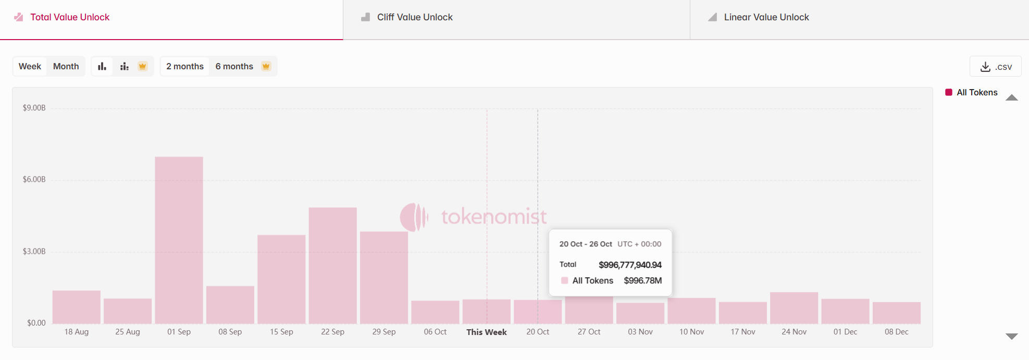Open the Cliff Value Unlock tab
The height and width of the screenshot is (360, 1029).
tap(414, 17)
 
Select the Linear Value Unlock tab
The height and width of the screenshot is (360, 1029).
tap(766, 17)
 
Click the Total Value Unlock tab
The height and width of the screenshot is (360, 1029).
tap(70, 17)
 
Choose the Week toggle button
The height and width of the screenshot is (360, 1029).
tap(30, 67)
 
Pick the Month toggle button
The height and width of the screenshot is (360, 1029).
tap(66, 67)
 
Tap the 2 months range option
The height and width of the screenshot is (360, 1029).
tap(185, 67)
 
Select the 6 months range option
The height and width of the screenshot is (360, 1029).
tap(234, 67)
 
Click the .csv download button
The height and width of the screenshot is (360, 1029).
tap(995, 67)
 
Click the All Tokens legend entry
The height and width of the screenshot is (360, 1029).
tap(976, 93)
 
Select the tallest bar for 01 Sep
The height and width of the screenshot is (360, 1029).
tap(179, 240)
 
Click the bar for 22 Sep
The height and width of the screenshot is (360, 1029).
tap(332, 266)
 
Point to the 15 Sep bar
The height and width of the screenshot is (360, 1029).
tap(281, 279)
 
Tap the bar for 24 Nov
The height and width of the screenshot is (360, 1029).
tap(794, 308)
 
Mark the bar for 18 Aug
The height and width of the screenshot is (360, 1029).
tap(77, 307)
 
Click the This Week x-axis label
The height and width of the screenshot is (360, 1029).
tap(486, 332)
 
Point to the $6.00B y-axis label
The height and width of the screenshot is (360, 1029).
tap(34, 179)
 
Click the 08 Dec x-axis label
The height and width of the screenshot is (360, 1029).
tap(896, 332)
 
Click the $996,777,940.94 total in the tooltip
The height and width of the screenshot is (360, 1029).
tap(630, 265)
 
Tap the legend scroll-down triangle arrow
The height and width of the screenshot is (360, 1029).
tap(1011, 337)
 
